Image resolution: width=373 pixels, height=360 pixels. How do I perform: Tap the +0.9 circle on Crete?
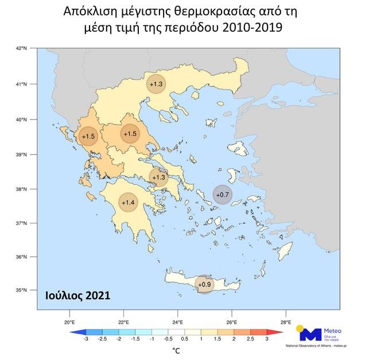tap(204, 284)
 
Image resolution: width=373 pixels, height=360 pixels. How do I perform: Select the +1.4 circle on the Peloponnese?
tap(129, 202)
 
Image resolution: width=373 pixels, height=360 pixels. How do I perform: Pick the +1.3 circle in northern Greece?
tap(156, 84)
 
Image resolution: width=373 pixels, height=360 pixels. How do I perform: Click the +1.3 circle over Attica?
tap(158, 177)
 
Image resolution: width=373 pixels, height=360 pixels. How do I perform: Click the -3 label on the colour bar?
tap(86, 339)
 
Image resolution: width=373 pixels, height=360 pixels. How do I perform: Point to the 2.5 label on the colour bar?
tap(250, 339)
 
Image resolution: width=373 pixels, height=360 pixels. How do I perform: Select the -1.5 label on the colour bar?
tap(135, 339)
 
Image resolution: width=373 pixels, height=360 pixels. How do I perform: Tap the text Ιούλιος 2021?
tap(77, 295)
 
